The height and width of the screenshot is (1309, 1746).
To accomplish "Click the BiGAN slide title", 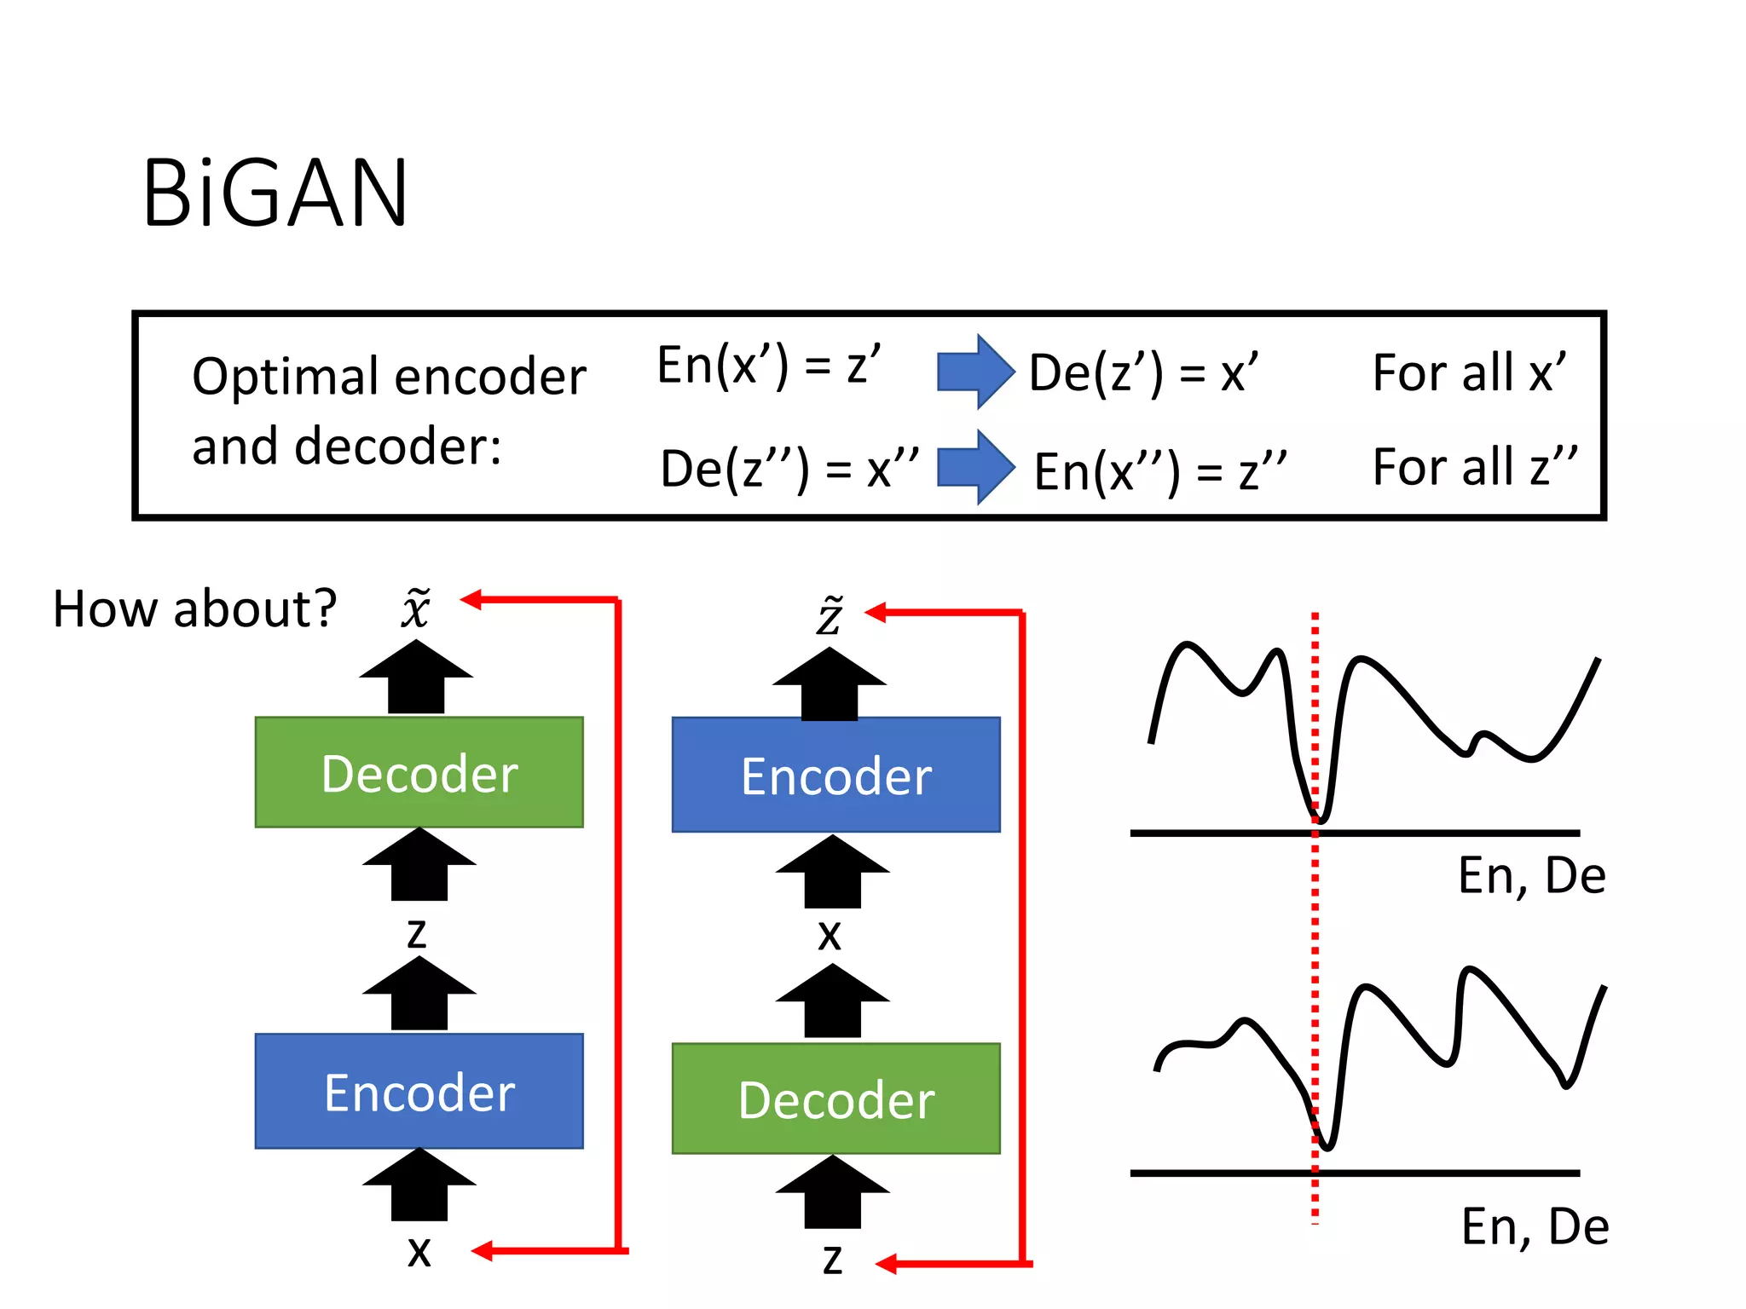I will (275, 194).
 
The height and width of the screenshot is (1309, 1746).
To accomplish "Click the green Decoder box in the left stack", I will (419, 772).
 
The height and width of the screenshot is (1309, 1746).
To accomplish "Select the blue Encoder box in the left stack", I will (419, 1092).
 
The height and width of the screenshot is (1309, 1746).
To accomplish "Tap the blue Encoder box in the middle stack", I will (835, 775).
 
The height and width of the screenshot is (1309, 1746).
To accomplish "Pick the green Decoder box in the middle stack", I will (835, 1099).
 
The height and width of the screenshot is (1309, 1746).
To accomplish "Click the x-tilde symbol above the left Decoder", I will (416, 608).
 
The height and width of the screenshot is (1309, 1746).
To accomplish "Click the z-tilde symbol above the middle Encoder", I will (830, 615).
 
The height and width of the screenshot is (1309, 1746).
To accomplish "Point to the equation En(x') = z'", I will (768, 366).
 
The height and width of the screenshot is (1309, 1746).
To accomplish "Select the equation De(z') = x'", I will (1142, 372).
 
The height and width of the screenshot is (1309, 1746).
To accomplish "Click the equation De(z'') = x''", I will (789, 469).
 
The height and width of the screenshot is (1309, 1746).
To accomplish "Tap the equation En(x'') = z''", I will (1159, 471).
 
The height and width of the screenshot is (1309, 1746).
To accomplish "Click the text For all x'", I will (1468, 372).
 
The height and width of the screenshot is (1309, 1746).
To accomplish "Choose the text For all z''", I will (1474, 467).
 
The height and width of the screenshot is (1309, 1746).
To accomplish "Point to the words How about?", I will (194, 609).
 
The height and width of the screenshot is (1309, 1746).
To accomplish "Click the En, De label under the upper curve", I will (1531, 875).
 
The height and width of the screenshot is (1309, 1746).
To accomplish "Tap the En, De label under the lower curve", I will (1535, 1226).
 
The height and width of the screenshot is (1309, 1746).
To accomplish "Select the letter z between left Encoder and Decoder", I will (416, 932).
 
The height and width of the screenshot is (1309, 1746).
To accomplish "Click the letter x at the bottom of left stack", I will (419, 1252).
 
